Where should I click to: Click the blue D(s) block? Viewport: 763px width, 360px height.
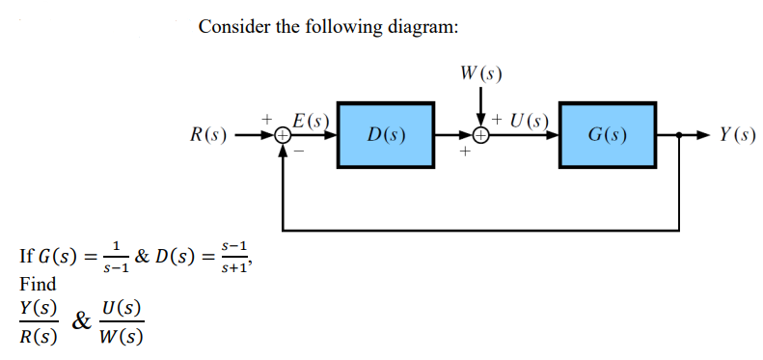coord(386,133)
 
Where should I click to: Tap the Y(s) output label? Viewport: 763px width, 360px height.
coord(737,134)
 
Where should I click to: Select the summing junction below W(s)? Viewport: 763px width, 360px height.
coord(480,135)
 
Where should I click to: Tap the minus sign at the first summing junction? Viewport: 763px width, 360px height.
coord(298,152)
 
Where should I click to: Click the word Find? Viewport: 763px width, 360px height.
coord(38,284)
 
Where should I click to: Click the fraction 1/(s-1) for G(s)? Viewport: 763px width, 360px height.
coord(114,259)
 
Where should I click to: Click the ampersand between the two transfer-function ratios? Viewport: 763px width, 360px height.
coord(84,321)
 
